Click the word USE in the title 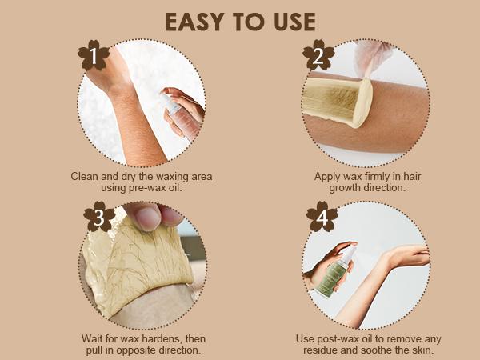294,22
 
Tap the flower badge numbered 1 94,56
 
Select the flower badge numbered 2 318,55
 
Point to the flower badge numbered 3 99,217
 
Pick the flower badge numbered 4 322,217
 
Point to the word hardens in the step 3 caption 162,339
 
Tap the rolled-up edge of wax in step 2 363,102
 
